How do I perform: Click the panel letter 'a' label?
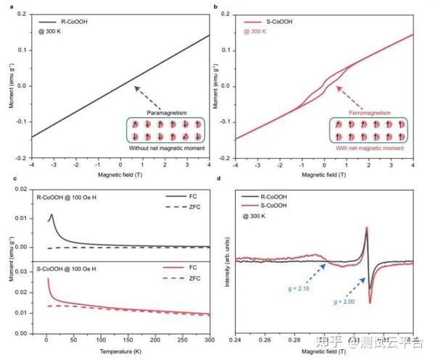(x=6, y=7)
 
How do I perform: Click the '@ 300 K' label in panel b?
(x=260, y=33)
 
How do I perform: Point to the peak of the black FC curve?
(x=51, y=214)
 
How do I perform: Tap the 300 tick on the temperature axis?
(x=208, y=338)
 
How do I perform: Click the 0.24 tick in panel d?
(x=236, y=338)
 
